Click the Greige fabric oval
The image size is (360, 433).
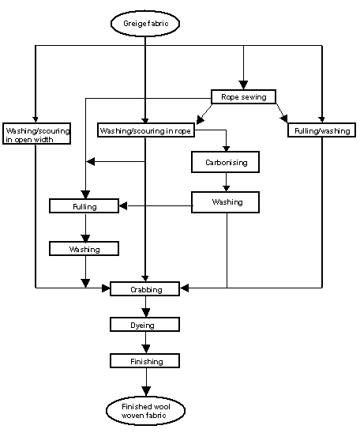point(145,24)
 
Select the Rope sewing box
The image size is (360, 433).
point(243,97)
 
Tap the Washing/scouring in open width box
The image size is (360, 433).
point(36,134)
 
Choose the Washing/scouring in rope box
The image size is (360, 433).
point(145,130)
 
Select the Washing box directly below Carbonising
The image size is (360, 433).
point(227,202)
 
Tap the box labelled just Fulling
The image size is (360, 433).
point(84,206)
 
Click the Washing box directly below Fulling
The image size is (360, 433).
point(84,249)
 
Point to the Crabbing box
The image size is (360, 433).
point(145,290)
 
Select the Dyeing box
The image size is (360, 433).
point(145,325)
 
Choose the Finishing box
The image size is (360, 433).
point(145,361)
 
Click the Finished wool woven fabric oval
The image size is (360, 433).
point(145,410)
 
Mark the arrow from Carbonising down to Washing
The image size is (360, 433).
point(227,184)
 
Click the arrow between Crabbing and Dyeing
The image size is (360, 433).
point(145,308)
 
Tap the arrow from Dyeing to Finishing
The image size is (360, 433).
point(145,343)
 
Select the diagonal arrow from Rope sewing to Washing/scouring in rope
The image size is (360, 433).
point(201,115)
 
